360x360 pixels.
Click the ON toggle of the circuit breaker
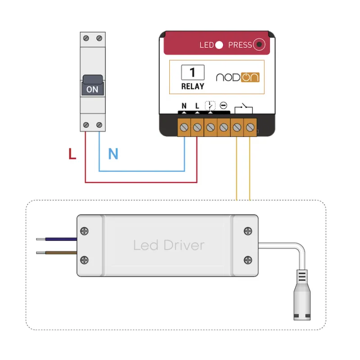click(x=93, y=85)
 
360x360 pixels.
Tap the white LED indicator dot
click(x=219, y=45)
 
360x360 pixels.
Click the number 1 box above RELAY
click(x=193, y=72)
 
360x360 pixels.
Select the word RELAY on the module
click(x=193, y=86)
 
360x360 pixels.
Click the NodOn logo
click(x=238, y=77)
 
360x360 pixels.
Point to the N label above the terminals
click(x=184, y=106)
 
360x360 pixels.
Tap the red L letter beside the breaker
click(x=72, y=153)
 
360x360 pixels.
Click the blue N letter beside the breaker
click(x=113, y=153)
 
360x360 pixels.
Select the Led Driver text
click(x=169, y=245)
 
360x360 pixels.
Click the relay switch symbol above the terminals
click(x=243, y=108)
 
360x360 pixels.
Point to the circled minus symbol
click(x=223, y=105)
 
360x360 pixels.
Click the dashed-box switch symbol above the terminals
click(x=210, y=106)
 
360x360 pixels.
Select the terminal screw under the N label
click(x=184, y=127)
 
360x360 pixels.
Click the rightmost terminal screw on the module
click(x=250, y=127)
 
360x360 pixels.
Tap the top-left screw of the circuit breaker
click(x=86, y=38)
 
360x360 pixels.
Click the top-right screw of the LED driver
click(x=248, y=231)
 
